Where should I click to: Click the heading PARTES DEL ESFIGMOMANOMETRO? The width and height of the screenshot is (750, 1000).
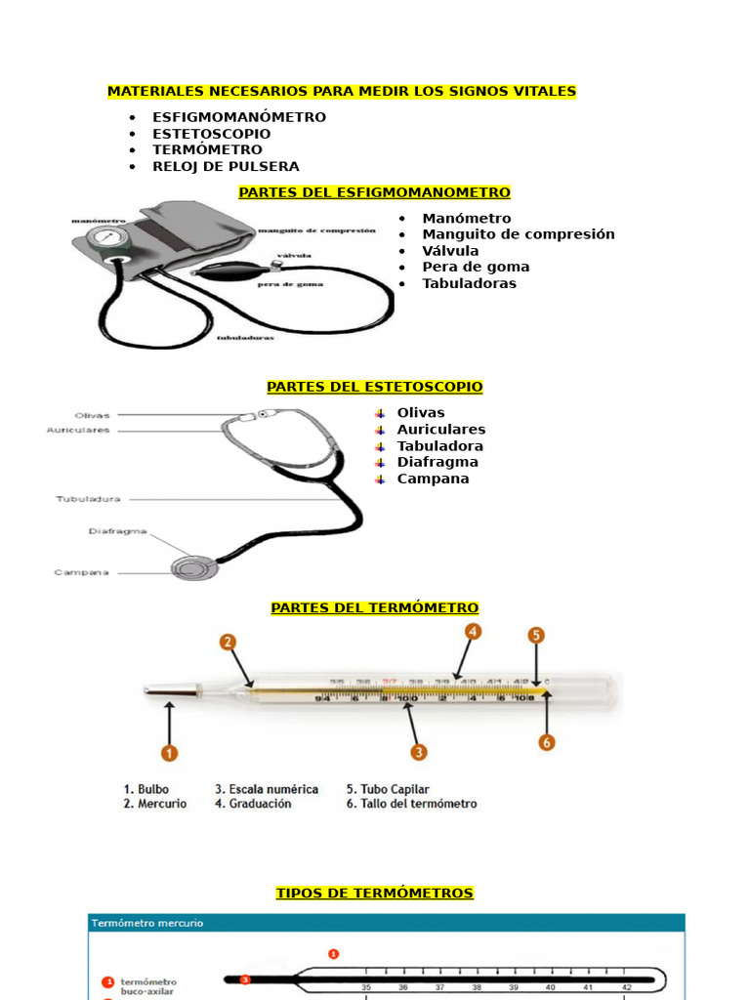pyautogui.click(x=374, y=192)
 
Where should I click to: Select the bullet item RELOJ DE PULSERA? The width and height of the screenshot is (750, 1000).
pyautogui.click(x=226, y=166)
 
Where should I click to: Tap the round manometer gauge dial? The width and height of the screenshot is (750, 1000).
pyautogui.click(x=106, y=238)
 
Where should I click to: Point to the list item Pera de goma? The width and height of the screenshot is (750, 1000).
pyautogui.click(x=476, y=267)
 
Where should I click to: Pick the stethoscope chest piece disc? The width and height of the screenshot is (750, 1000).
pyautogui.click(x=187, y=568)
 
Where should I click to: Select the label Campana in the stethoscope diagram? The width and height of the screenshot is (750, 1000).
pyautogui.click(x=81, y=572)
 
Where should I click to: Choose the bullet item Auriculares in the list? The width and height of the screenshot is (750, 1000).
pyautogui.click(x=440, y=430)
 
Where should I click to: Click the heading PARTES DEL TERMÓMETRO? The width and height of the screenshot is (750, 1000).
pyautogui.click(x=374, y=607)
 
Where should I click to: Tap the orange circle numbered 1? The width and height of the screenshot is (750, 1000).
pyautogui.click(x=170, y=753)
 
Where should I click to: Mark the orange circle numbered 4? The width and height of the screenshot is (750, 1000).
pyautogui.click(x=473, y=632)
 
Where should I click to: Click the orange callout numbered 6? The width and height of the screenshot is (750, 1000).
pyautogui.click(x=547, y=742)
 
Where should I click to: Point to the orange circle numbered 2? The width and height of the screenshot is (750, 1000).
pyautogui.click(x=228, y=642)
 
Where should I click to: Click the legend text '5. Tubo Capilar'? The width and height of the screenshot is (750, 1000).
pyautogui.click(x=388, y=788)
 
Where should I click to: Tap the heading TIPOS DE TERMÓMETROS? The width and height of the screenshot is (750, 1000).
pyautogui.click(x=374, y=893)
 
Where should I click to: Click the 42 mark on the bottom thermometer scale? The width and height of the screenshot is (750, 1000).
pyautogui.click(x=627, y=987)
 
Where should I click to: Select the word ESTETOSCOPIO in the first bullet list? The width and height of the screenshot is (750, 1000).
pyautogui.click(x=212, y=134)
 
